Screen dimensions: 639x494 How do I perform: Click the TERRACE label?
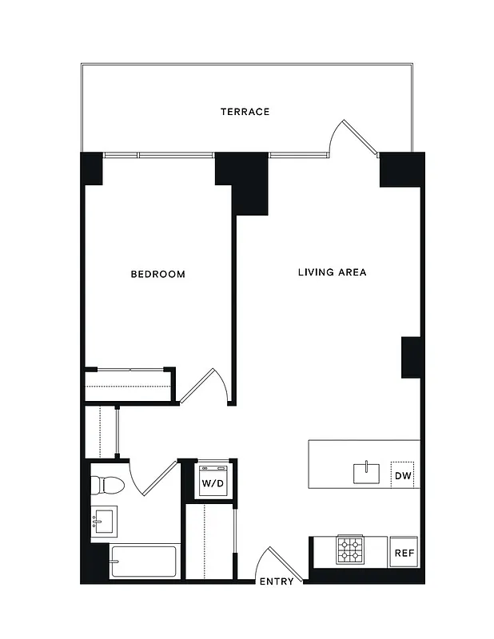(245, 112)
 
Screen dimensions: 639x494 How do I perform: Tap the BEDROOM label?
(157, 274)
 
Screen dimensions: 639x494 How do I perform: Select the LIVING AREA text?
(332, 272)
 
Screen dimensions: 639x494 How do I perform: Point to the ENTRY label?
(277, 581)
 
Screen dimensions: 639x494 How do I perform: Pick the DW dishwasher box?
(404, 476)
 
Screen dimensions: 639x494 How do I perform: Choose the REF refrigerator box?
(404, 552)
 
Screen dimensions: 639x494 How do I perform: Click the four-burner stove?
(350, 550)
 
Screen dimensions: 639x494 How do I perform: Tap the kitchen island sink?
(368, 472)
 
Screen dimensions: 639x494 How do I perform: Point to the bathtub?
(142, 562)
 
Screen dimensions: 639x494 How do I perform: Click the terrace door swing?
(358, 139)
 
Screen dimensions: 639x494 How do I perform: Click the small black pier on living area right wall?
(411, 357)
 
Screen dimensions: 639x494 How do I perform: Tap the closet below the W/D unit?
(209, 540)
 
